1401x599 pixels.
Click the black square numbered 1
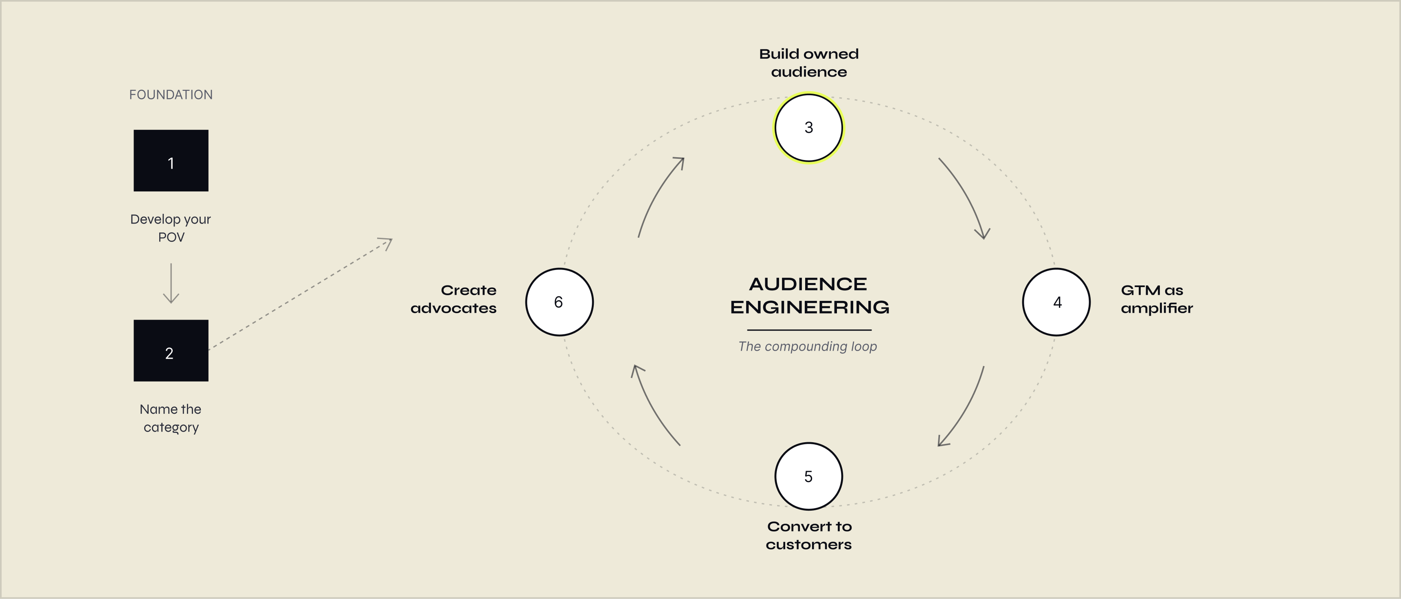point(171,160)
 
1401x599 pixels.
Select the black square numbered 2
point(171,351)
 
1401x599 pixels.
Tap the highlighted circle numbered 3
point(809,128)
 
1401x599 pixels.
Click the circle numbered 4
point(1056,302)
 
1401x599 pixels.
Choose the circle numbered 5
point(809,476)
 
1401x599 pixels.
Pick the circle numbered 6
point(559,302)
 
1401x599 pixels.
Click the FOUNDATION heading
point(171,94)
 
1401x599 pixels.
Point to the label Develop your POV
point(171,228)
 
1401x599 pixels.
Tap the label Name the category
point(171,418)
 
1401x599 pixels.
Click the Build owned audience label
point(809,63)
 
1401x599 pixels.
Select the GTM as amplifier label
point(1156,299)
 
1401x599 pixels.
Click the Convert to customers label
point(809,535)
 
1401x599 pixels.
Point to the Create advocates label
point(454,299)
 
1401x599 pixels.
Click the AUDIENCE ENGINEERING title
point(809,295)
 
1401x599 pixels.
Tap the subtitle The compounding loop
point(808,346)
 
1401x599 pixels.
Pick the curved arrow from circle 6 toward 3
point(657,196)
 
